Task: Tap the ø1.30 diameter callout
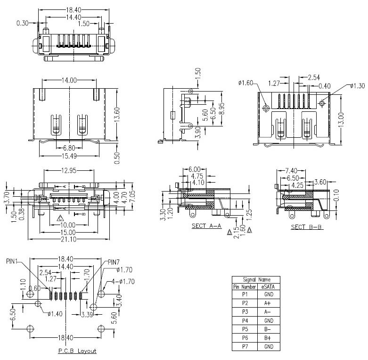click(358, 86)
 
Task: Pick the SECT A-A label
click(206, 226)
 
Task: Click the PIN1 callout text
click(13, 260)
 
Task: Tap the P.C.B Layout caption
click(77, 351)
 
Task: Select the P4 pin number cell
click(245, 320)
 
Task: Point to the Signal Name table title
click(256, 279)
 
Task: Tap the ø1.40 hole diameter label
click(56, 314)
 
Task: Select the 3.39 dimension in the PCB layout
click(87, 314)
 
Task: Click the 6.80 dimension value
click(69, 147)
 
